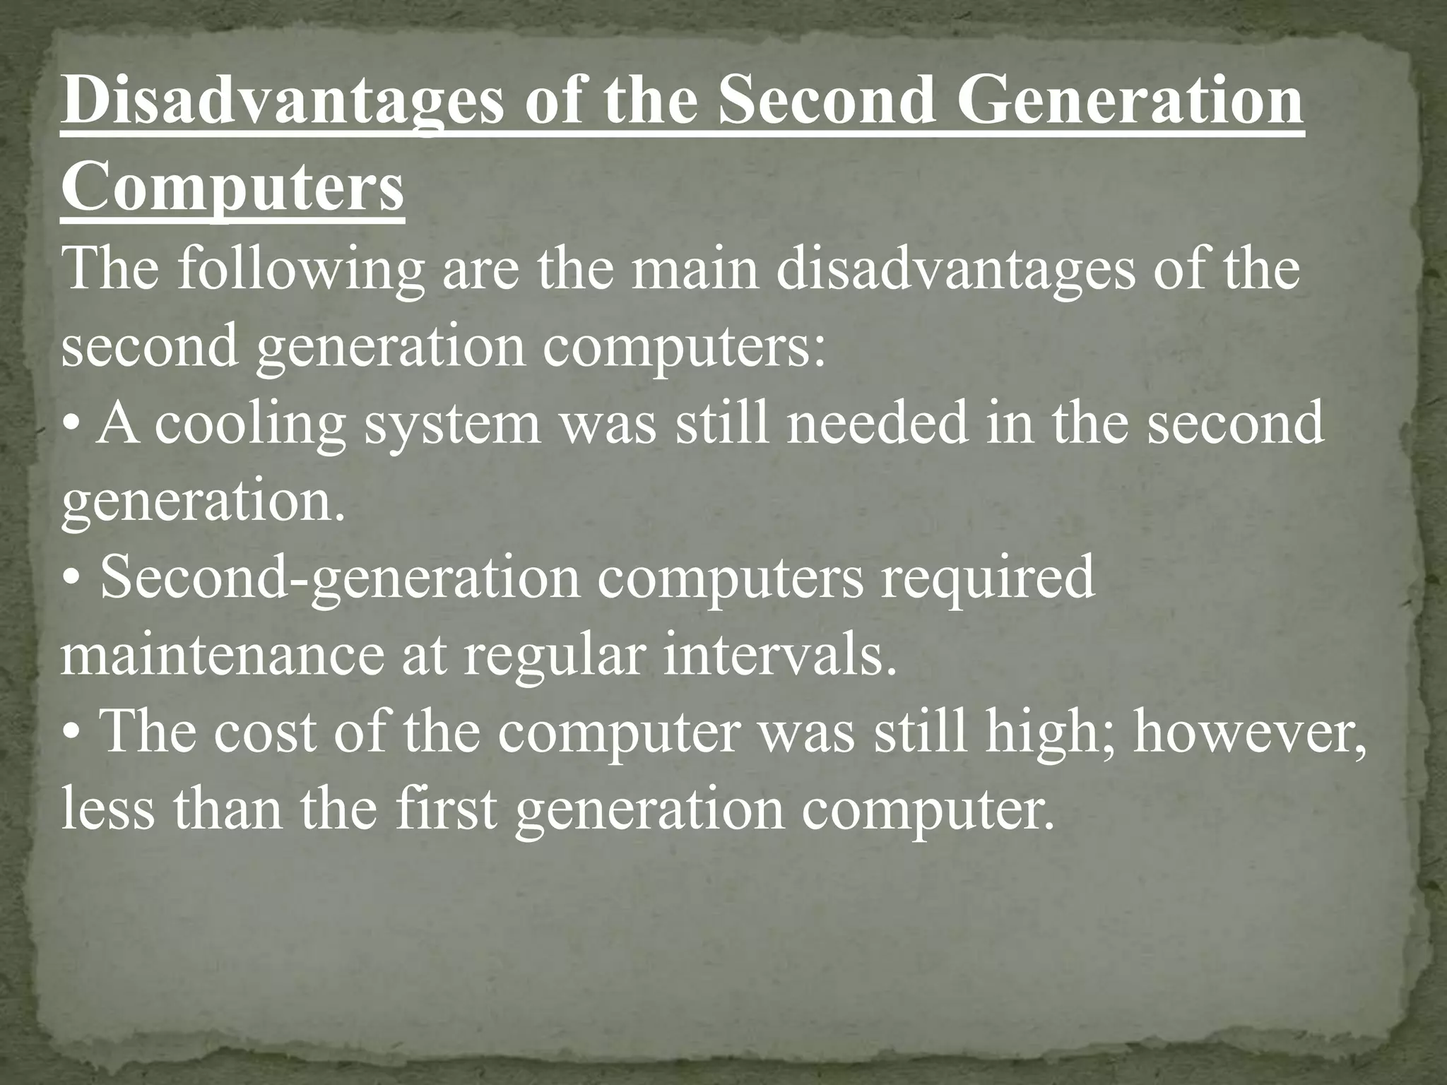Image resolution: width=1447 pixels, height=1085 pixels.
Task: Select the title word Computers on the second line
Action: pyautogui.click(x=232, y=189)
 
